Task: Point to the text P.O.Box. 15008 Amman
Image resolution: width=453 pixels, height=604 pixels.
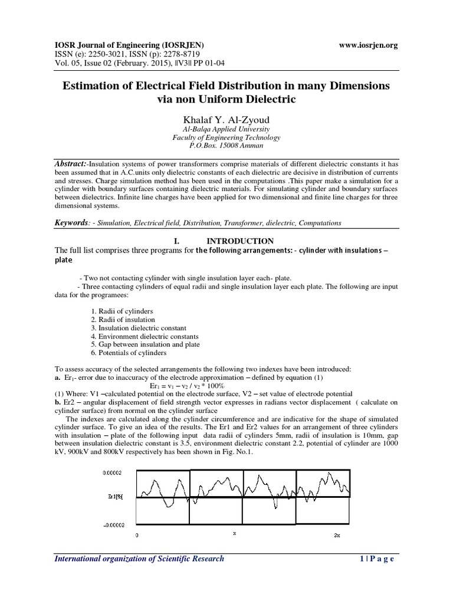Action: click(x=226, y=145)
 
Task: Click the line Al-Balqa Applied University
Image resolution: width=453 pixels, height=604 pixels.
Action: click(x=226, y=128)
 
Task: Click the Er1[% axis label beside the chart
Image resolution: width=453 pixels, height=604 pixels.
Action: click(x=115, y=497)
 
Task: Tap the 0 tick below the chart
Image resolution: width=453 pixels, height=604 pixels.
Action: click(x=137, y=536)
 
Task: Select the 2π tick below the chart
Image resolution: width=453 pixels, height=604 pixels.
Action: click(x=336, y=536)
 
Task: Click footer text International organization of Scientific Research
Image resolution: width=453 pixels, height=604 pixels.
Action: click(x=139, y=559)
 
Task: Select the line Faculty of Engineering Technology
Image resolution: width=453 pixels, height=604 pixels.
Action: click(x=226, y=137)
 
